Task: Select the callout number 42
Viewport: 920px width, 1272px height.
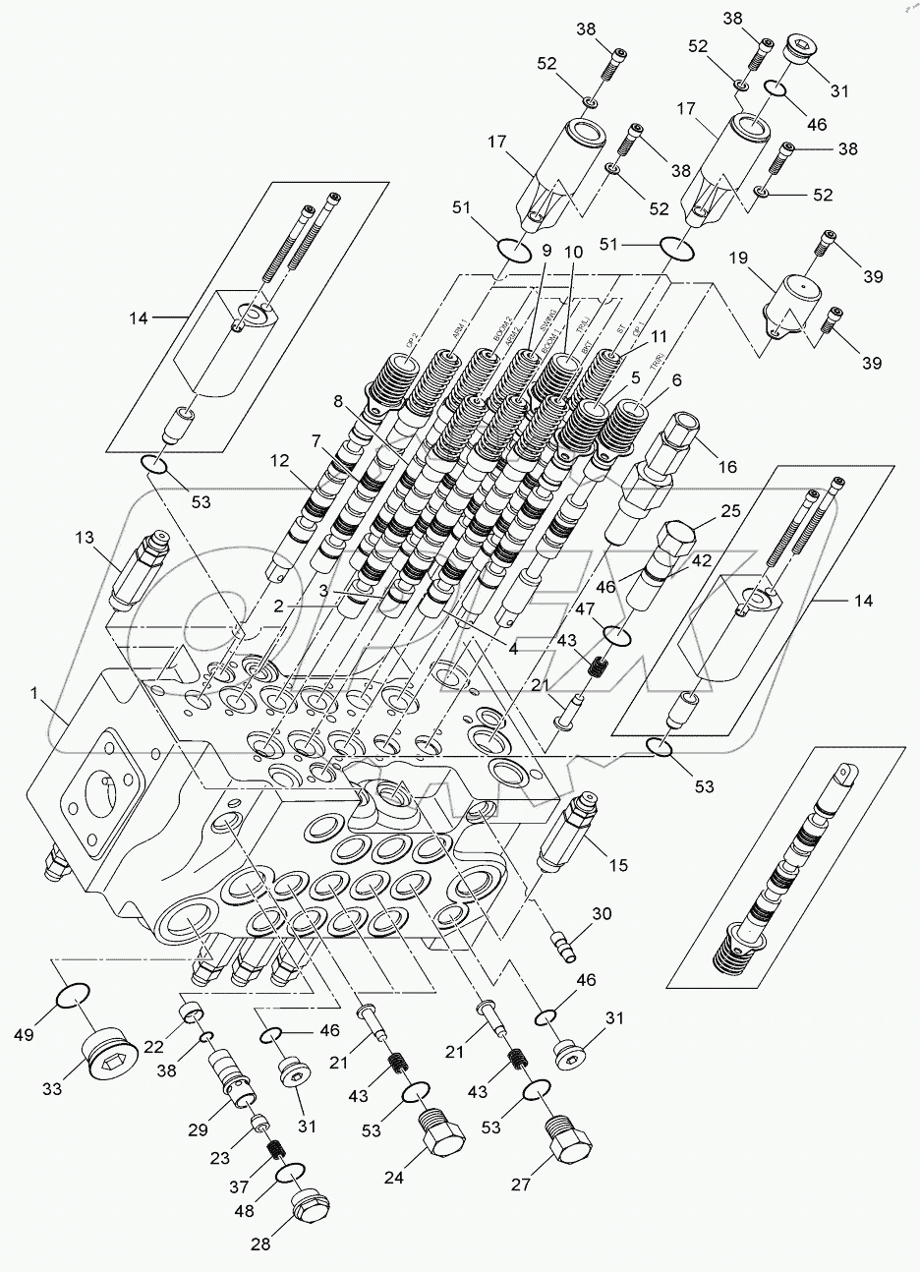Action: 699,561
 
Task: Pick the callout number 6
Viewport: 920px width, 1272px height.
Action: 648,380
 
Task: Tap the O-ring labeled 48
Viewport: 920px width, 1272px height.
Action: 291,1174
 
